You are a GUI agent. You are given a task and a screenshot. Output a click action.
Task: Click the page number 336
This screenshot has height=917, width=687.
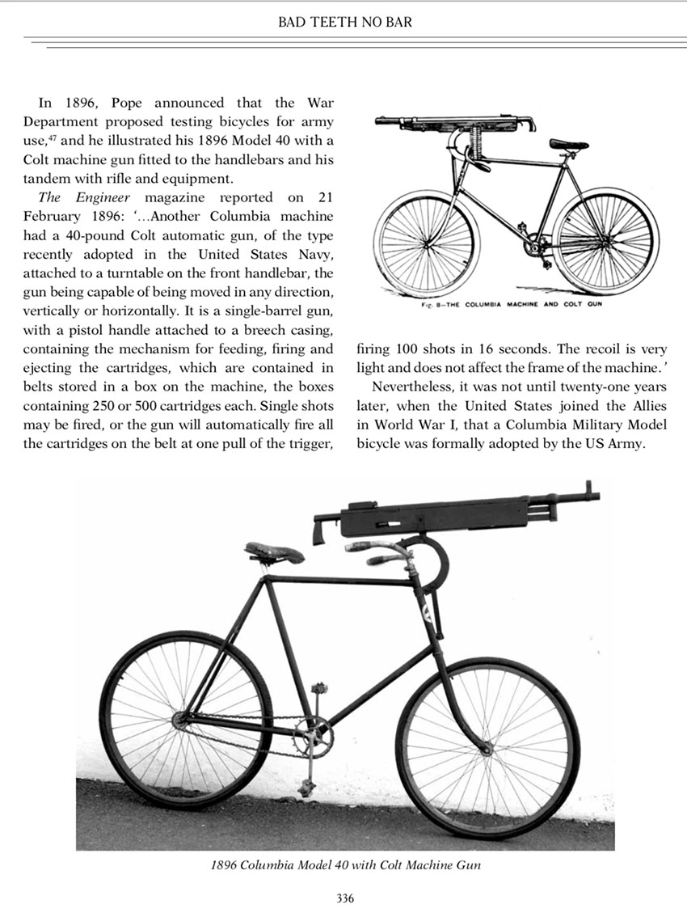[344, 898]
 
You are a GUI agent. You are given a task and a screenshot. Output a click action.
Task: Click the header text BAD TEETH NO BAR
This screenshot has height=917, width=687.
[344, 22]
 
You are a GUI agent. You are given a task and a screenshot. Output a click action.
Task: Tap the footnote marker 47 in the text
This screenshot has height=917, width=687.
[53, 140]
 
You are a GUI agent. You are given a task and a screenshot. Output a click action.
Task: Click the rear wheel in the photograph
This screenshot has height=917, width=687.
[185, 718]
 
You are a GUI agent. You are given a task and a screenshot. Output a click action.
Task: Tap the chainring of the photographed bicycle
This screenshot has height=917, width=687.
[312, 736]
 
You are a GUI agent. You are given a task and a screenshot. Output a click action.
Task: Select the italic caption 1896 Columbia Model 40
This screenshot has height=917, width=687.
[345, 865]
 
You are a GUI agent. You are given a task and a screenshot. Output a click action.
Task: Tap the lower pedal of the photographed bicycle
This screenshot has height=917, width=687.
[306, 786]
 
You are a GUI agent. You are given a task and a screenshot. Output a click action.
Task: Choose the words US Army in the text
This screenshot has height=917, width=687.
[616, 445]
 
